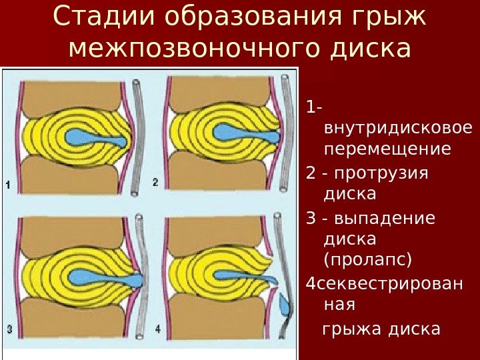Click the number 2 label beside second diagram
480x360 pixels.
point(155,182)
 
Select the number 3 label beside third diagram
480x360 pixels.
point(9,328)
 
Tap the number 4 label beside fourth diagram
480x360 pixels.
point(157,328)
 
